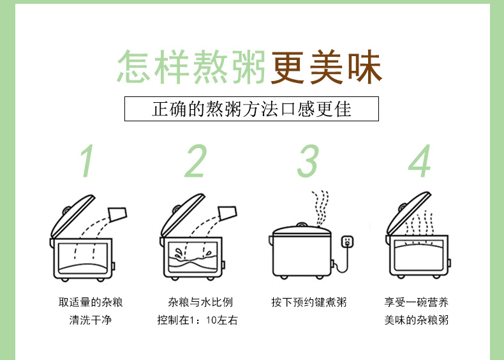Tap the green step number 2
click(x=196, y=161)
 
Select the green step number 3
click(x=308, y=161)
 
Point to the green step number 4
click(x=419, y=161)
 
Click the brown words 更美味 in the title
click(x=326, y=66)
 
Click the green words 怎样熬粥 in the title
click(x=191, y=66)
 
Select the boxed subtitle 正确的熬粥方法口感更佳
click(x=251, y=109)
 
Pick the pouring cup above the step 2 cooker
click(x=227, y=213)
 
